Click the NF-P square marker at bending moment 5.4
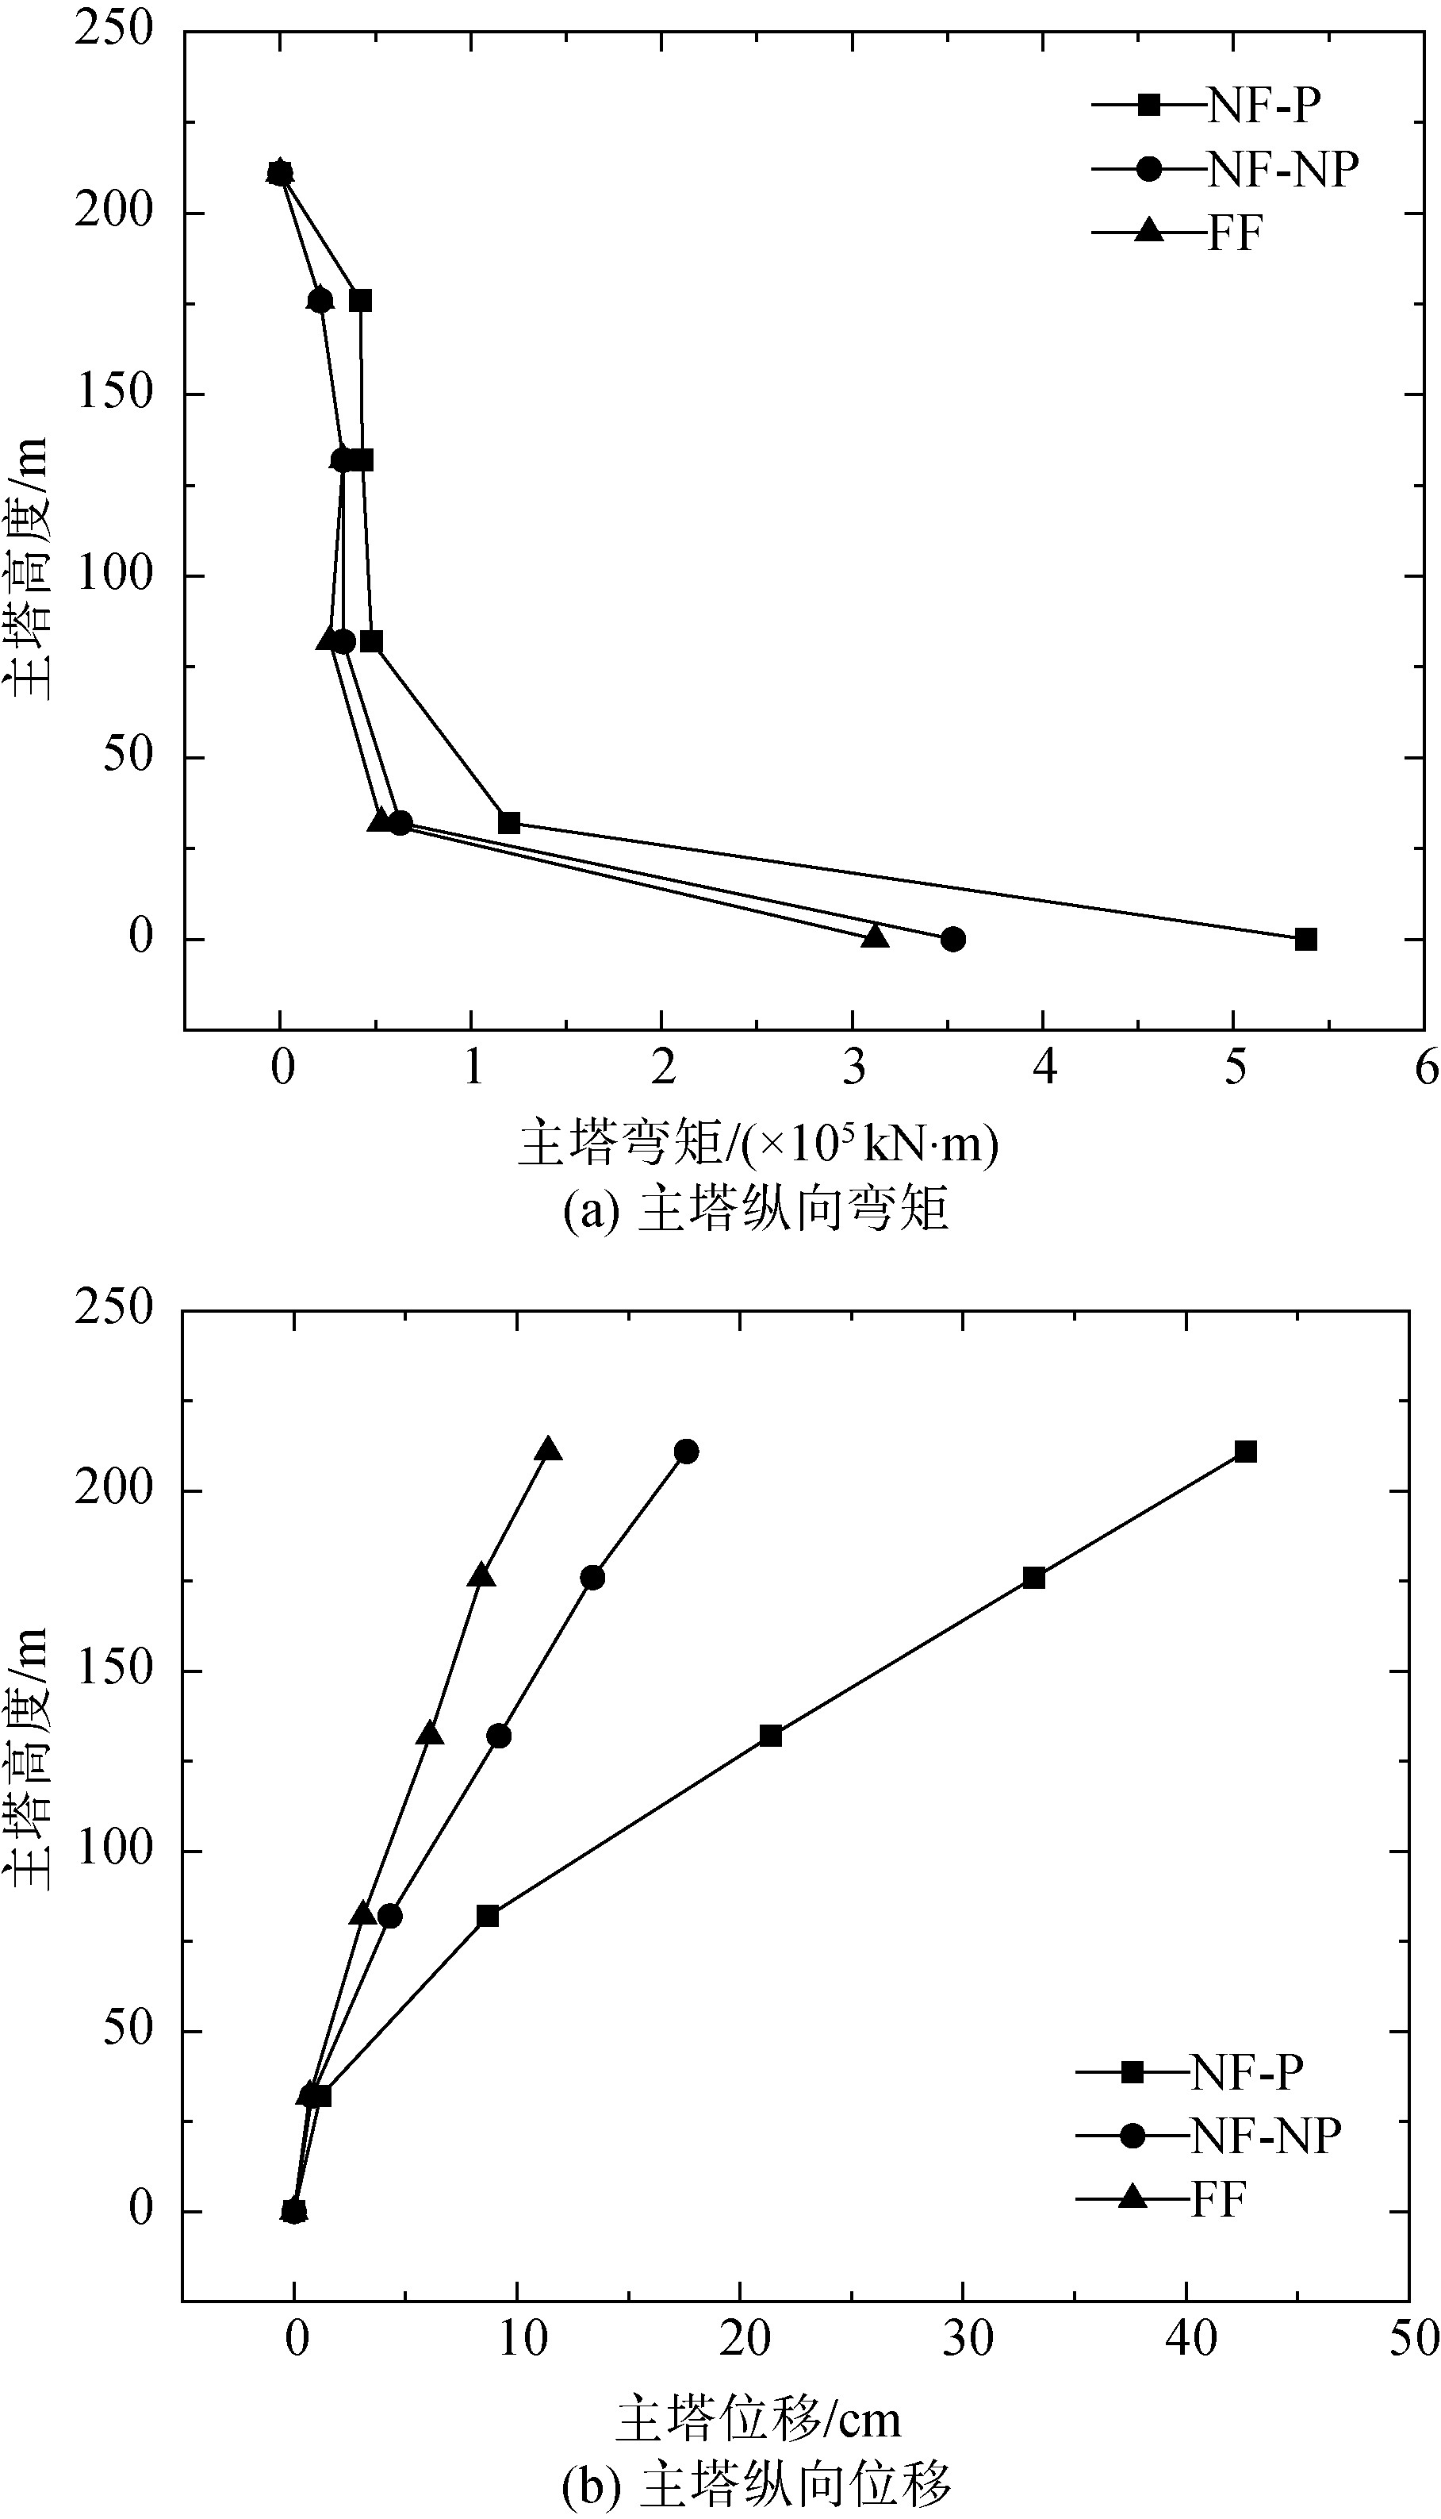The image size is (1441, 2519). click(1305, 939)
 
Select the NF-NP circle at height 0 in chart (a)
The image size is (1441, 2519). click(952, 939)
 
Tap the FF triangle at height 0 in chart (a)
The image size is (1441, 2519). click(875, 936)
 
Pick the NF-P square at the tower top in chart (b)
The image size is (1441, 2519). click(1245, 1452)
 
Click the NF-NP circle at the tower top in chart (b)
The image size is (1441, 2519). click(686, 1452)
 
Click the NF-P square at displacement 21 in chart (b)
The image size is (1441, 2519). click(770, 1736)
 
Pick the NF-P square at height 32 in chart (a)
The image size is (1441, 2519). click(508, 823)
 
